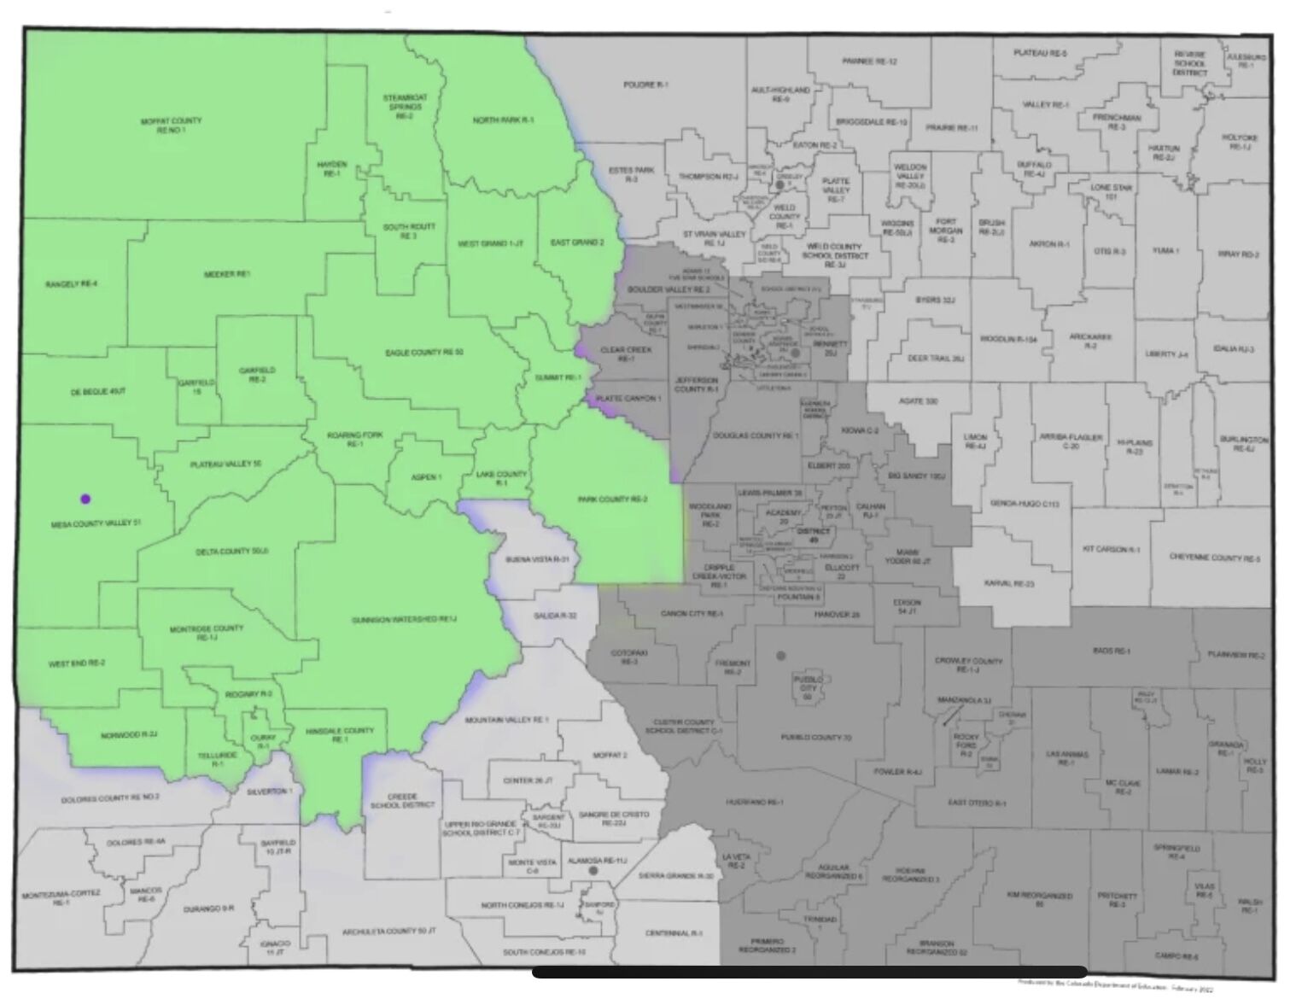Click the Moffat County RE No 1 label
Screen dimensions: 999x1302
171,125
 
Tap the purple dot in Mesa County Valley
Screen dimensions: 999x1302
85,499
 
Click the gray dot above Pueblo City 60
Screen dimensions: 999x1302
780,655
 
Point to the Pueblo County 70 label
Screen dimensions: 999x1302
815,736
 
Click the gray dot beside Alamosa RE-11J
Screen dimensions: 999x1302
593,870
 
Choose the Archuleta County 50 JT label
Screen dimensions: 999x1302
388,931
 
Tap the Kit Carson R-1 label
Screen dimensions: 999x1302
1111,549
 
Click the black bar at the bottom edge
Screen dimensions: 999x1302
809,972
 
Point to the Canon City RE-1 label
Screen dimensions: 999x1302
692,614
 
